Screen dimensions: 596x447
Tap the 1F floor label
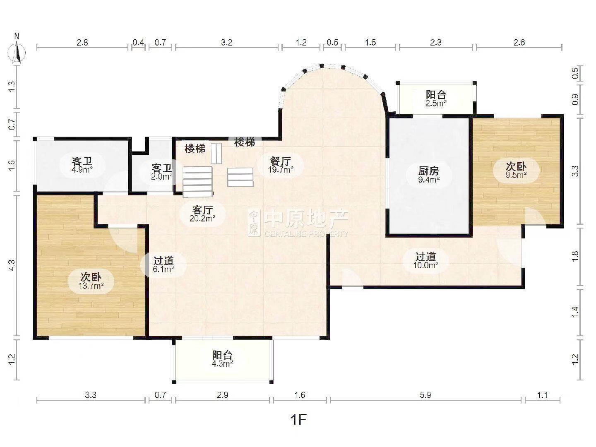point(298,420)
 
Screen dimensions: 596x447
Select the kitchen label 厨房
point(428,171)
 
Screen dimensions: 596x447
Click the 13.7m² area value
point(91,286)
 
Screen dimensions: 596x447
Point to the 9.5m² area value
point(516,175)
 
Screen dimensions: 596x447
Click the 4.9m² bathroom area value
point(82,170)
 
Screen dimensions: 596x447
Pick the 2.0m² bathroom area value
point(162,177)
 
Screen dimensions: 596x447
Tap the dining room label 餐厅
point(281,161)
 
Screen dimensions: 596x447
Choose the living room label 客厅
point(202,210)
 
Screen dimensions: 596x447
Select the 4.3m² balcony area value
point(222,363)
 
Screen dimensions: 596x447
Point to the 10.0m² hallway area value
point(425,265)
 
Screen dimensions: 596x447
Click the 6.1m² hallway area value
point(163,269)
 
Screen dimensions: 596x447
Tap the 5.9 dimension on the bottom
point(425,395)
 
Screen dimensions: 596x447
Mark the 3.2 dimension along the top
point(226,42)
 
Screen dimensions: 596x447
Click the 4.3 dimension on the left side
point(12,265)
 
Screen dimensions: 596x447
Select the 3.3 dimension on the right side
point(575,171)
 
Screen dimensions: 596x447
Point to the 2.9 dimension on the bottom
point(222,395)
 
